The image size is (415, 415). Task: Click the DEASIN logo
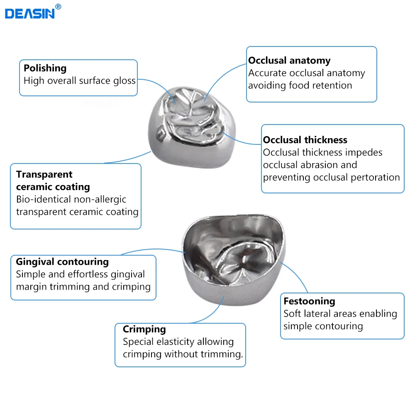30,14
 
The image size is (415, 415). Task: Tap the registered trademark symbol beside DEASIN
58,7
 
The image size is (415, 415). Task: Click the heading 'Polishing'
45,68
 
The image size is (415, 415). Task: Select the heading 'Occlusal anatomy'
289,61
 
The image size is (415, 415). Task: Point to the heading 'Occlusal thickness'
305,140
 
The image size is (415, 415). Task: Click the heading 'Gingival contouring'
62,262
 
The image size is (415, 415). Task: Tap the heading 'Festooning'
310,301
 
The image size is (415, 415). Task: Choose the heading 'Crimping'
144,329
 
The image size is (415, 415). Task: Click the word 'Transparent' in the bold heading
44,174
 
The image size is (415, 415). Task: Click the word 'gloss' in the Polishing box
124,81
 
